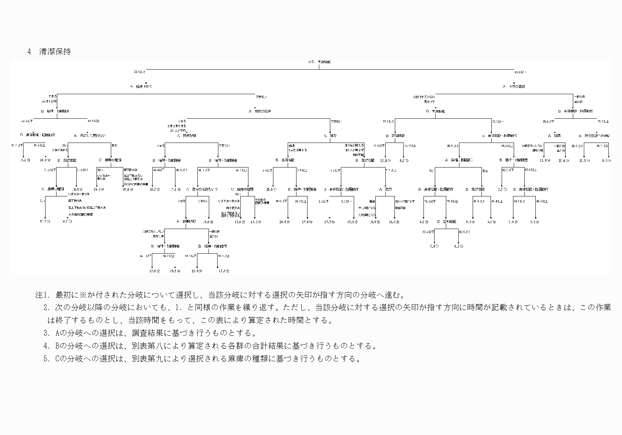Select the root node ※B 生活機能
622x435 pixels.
click(x=320, y=62)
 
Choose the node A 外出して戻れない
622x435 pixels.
click(x=90, y=136)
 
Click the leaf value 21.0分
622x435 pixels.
click(x=197, y=271)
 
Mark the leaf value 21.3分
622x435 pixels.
click(x=394, y=222)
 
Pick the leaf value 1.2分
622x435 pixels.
click(x=535, y=222)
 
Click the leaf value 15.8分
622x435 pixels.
click(x=209, y=222)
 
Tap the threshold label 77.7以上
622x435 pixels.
click(x=498, y=121)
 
